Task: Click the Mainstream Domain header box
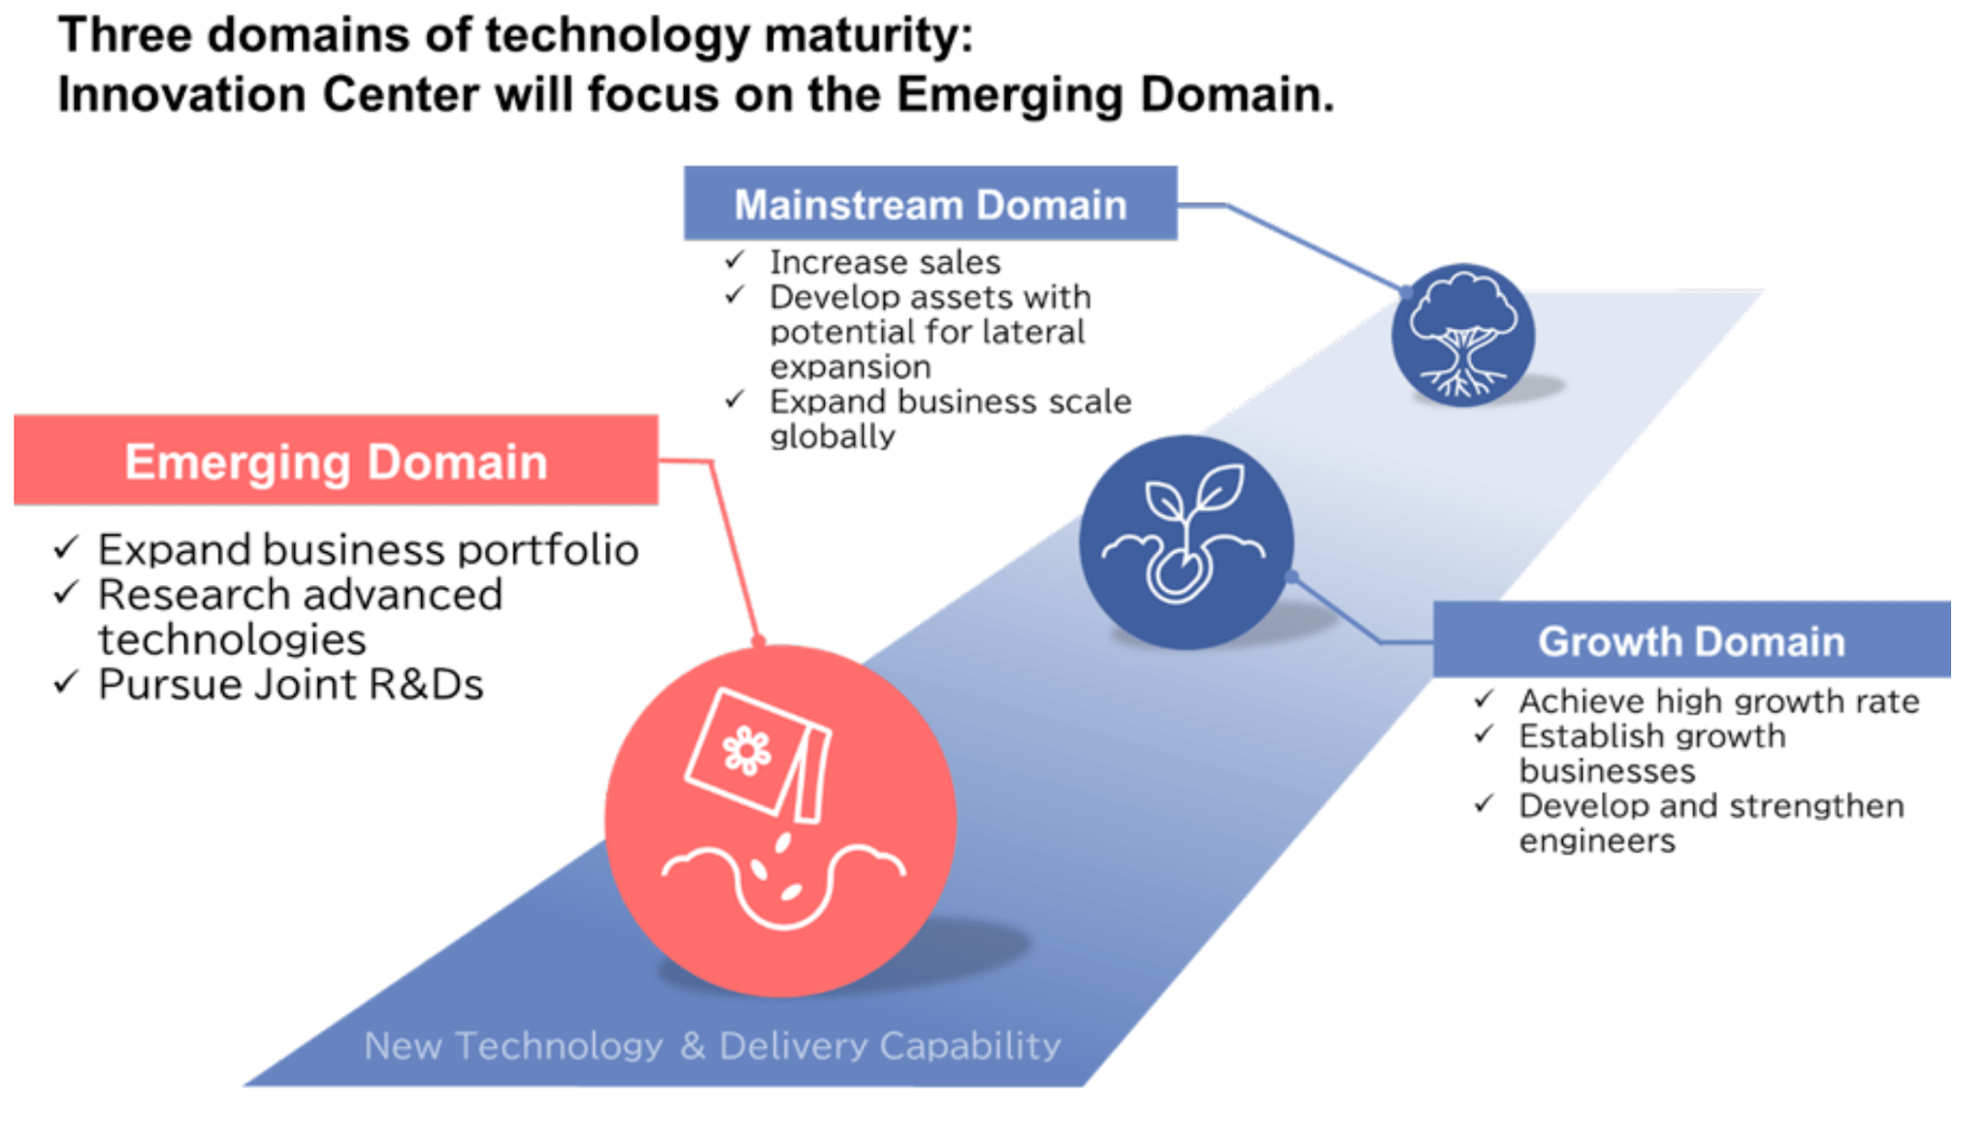coord(929,204)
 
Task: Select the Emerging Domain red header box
coord(336,461)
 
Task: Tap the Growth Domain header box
coord(1691,640)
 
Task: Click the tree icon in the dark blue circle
coord(1462,335)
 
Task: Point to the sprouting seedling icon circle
coord(1186,541)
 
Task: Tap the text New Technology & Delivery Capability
coord(712,1046)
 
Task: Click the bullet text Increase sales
coord(884,262)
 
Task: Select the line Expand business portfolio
coord(368,550)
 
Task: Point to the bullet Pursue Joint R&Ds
coord(290,685)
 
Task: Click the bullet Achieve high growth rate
coord(1718,700)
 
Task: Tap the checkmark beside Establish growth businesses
coord(1483,734)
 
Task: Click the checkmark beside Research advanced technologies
coord(65,593)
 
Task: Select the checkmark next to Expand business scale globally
coord(735,400)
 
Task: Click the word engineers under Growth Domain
coord(1596,841)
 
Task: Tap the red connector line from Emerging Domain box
coord(734,553)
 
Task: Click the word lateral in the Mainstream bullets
coord(1033,332)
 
